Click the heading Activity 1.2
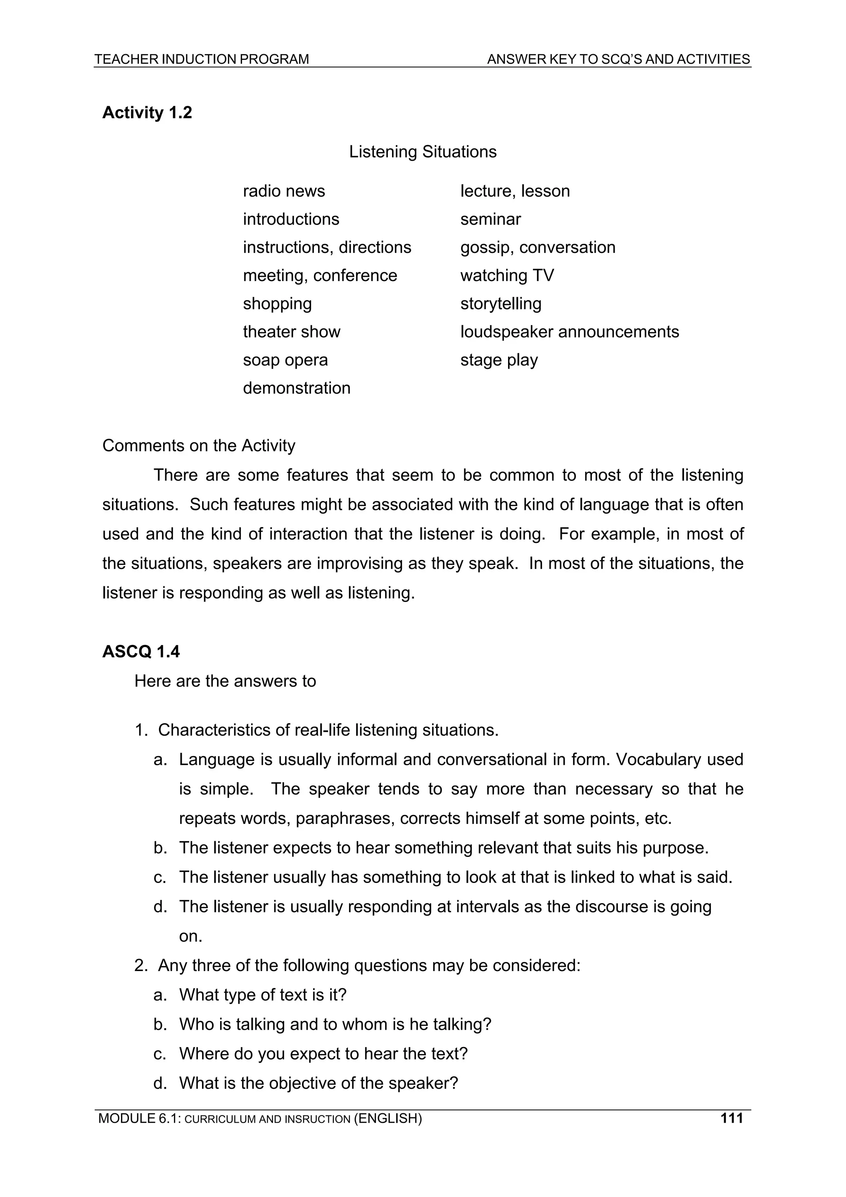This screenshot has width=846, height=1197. pyautogui.click(x=147, y=113)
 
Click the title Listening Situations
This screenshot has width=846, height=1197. pyautogui.click(x=422, y=152)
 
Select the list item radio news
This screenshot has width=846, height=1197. pyautogui.click(x=283, y=191)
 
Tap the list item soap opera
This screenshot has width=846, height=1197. pyautogui.click(x=285, y=360)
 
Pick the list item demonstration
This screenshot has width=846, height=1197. pyautogui.click(x=297, y=388)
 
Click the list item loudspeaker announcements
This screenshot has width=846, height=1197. pyautogui.click(x=569, y=331)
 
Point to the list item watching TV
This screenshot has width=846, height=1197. pyautogui.click(x=507, y=275)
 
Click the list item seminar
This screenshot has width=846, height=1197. pyautogui.click(x=490, y=219)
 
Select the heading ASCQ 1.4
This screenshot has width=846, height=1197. pyautogui.click(x=141, y=652)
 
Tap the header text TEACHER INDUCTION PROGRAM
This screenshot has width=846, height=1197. pyautogui.click(x=201, y=59)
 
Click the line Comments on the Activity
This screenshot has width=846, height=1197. pyautogui.click(x=199, y=446)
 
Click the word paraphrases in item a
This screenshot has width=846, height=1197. pyautogui.click(x=345, y=819)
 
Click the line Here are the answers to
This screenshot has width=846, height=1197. pyautogui.click(x=225, y=681)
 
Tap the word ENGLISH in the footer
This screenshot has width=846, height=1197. pyautogui.click(x=388, y=1118)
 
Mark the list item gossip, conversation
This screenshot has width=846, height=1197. pyautogui.click(x=537, y=247)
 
